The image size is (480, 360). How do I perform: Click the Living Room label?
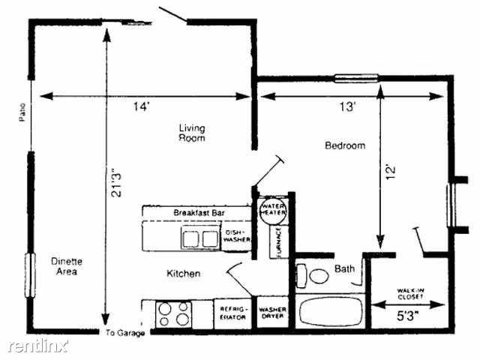pyautogui.click(x=191, y=133)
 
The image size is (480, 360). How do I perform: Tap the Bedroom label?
pyautogui.click(x=344, y=145)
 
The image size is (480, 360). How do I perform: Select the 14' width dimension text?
pyautogui.click(x=142, y=107)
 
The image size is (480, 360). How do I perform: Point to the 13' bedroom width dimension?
pyautogui.click(x=346, y=107)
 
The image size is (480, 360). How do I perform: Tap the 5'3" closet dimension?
pyautogui.click(x=409, y=316)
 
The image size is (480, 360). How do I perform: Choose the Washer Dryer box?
pyautogui.click(x=271, y=312)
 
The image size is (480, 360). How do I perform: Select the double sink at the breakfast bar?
pyautogui.click(x=199, y=238)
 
